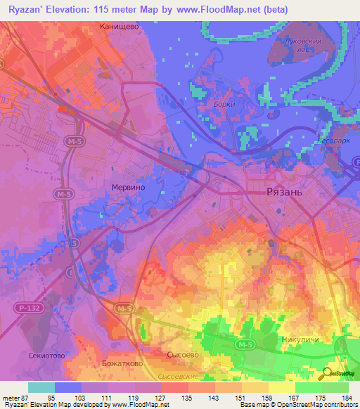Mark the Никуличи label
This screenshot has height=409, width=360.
pyautogui.click(x=300, y=340)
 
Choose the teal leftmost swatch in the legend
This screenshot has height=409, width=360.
pyautogui.click(x=41, y=387)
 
